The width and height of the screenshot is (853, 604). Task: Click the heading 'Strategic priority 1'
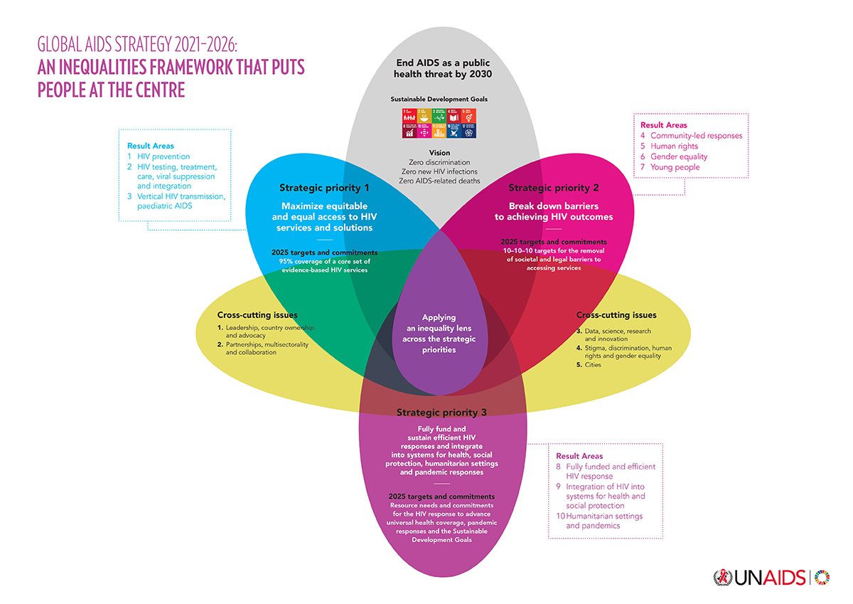pos(324,189)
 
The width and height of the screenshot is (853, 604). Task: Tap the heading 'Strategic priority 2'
pos(554,188)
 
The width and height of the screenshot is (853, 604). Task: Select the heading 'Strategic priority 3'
pos(441,412)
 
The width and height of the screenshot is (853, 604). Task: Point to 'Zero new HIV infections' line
pos(439,171)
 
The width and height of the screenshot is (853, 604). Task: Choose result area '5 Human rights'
pos(678,146)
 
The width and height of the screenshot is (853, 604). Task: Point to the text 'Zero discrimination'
pos(439,162)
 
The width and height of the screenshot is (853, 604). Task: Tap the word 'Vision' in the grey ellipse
pos(439,153)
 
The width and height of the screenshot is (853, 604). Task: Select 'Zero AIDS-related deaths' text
pos(439,181)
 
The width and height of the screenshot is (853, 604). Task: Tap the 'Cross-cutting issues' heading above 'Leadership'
pos(257,314)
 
